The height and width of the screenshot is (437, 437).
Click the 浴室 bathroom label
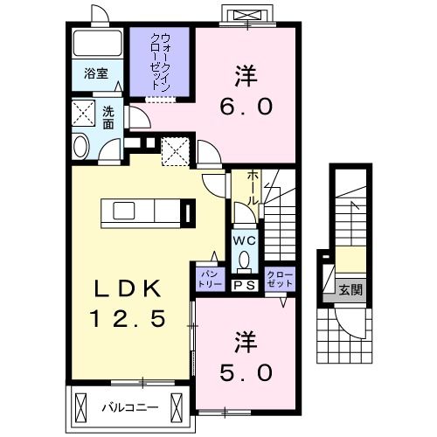pos(96,73)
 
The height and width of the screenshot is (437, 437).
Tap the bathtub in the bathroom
pos(96,44)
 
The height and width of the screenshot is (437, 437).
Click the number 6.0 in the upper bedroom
pos(247,106)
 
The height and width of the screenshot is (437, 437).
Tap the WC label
pos(244,239)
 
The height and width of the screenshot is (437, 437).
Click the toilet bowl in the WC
pos(244,260)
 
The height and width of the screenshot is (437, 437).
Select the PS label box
pos(244,284)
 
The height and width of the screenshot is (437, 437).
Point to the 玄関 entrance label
pos(349,289)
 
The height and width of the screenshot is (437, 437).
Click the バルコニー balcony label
pos(128,407)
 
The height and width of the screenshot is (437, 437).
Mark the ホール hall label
pos(252,185)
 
